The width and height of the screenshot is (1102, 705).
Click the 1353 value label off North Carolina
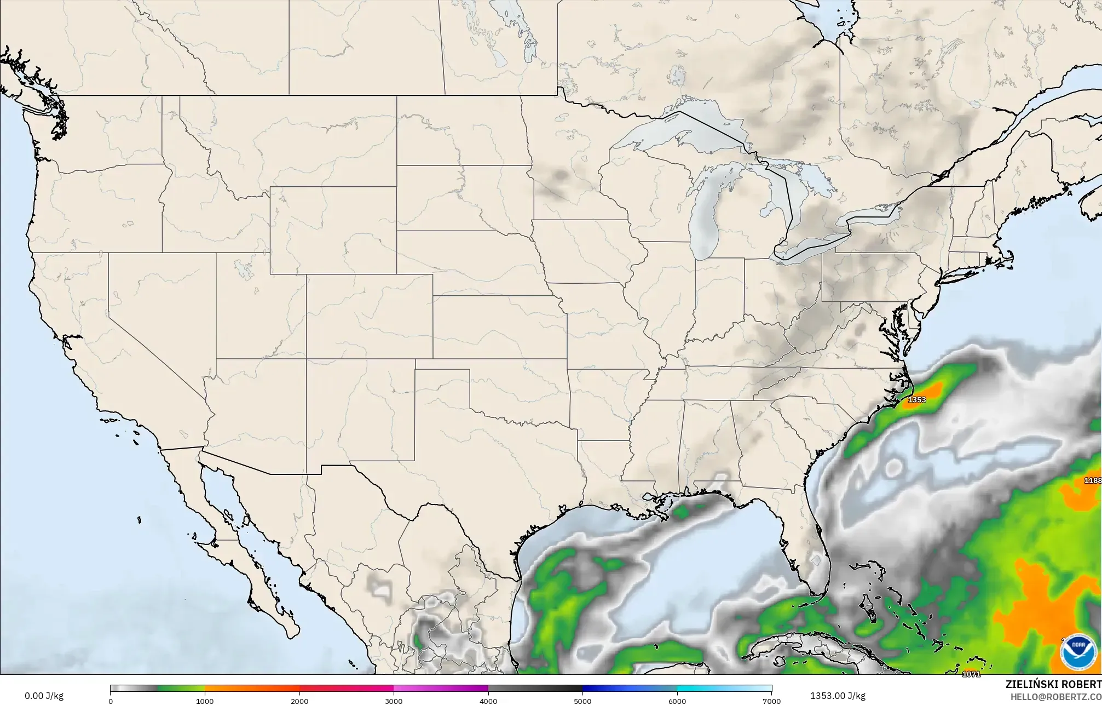pyautogui.click(x=917, y=400)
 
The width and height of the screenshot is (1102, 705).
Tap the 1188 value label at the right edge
pyautogui.click(x=1093, y=480)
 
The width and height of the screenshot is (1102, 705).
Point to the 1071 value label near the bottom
pyautogui.click(x=971, y=674)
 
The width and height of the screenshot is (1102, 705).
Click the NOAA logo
pyautogui.click(x=1078, y=652)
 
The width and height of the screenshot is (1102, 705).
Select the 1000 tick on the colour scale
pyautogui.click(x=205, y=701)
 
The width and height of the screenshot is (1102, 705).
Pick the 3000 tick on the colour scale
pyautogui.click(x=394, y=701)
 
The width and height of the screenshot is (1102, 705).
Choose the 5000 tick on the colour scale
pyautogui.click(x=582, y=701)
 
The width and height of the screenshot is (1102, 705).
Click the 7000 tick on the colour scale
pyautogui.click(x=771, y=701)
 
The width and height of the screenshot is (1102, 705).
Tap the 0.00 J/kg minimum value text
pyautogui.click(x=44, y=696)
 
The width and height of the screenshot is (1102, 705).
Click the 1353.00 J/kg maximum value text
pyautogui.click(x=838, y=696)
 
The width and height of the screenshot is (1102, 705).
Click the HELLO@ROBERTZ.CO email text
pyautogui.click(x=1055, y=696)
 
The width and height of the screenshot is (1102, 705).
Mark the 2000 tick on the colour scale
pyautogui.click(x=299, y=701)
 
